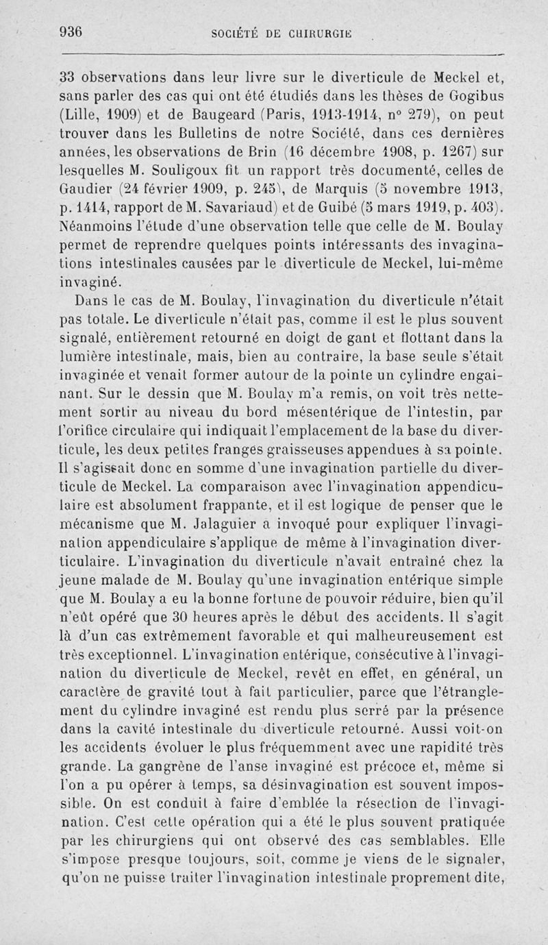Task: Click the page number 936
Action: (71, 31)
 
